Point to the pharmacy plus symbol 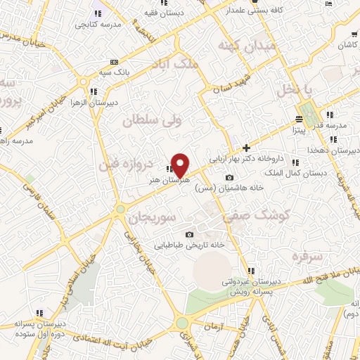point(246,148)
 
